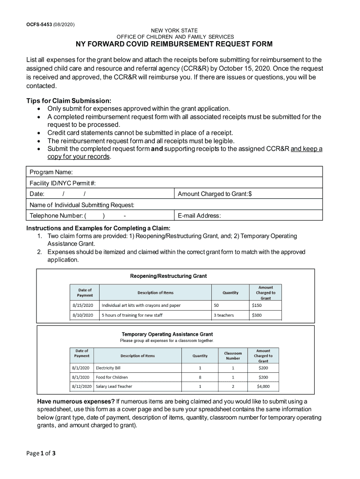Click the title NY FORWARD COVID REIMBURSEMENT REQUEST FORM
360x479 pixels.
tap(174, 44)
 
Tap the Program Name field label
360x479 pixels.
tap(51, 172)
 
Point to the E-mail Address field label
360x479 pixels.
tap(199, 216)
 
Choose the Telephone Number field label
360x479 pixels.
tap(57, 216)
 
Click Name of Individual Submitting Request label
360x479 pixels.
tap(82, 205)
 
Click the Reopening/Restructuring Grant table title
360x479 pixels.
tap(168, 276)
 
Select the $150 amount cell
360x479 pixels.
tap(257, 305)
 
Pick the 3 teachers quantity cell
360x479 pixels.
tap(224, 315)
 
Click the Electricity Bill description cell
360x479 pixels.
tap(108, 368)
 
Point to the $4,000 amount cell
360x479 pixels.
tap(263, 386)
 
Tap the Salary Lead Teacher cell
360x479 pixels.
tap(114, 386)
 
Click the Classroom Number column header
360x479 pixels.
tap(233, 356)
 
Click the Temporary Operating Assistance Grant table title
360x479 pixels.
tap(167, 334)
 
